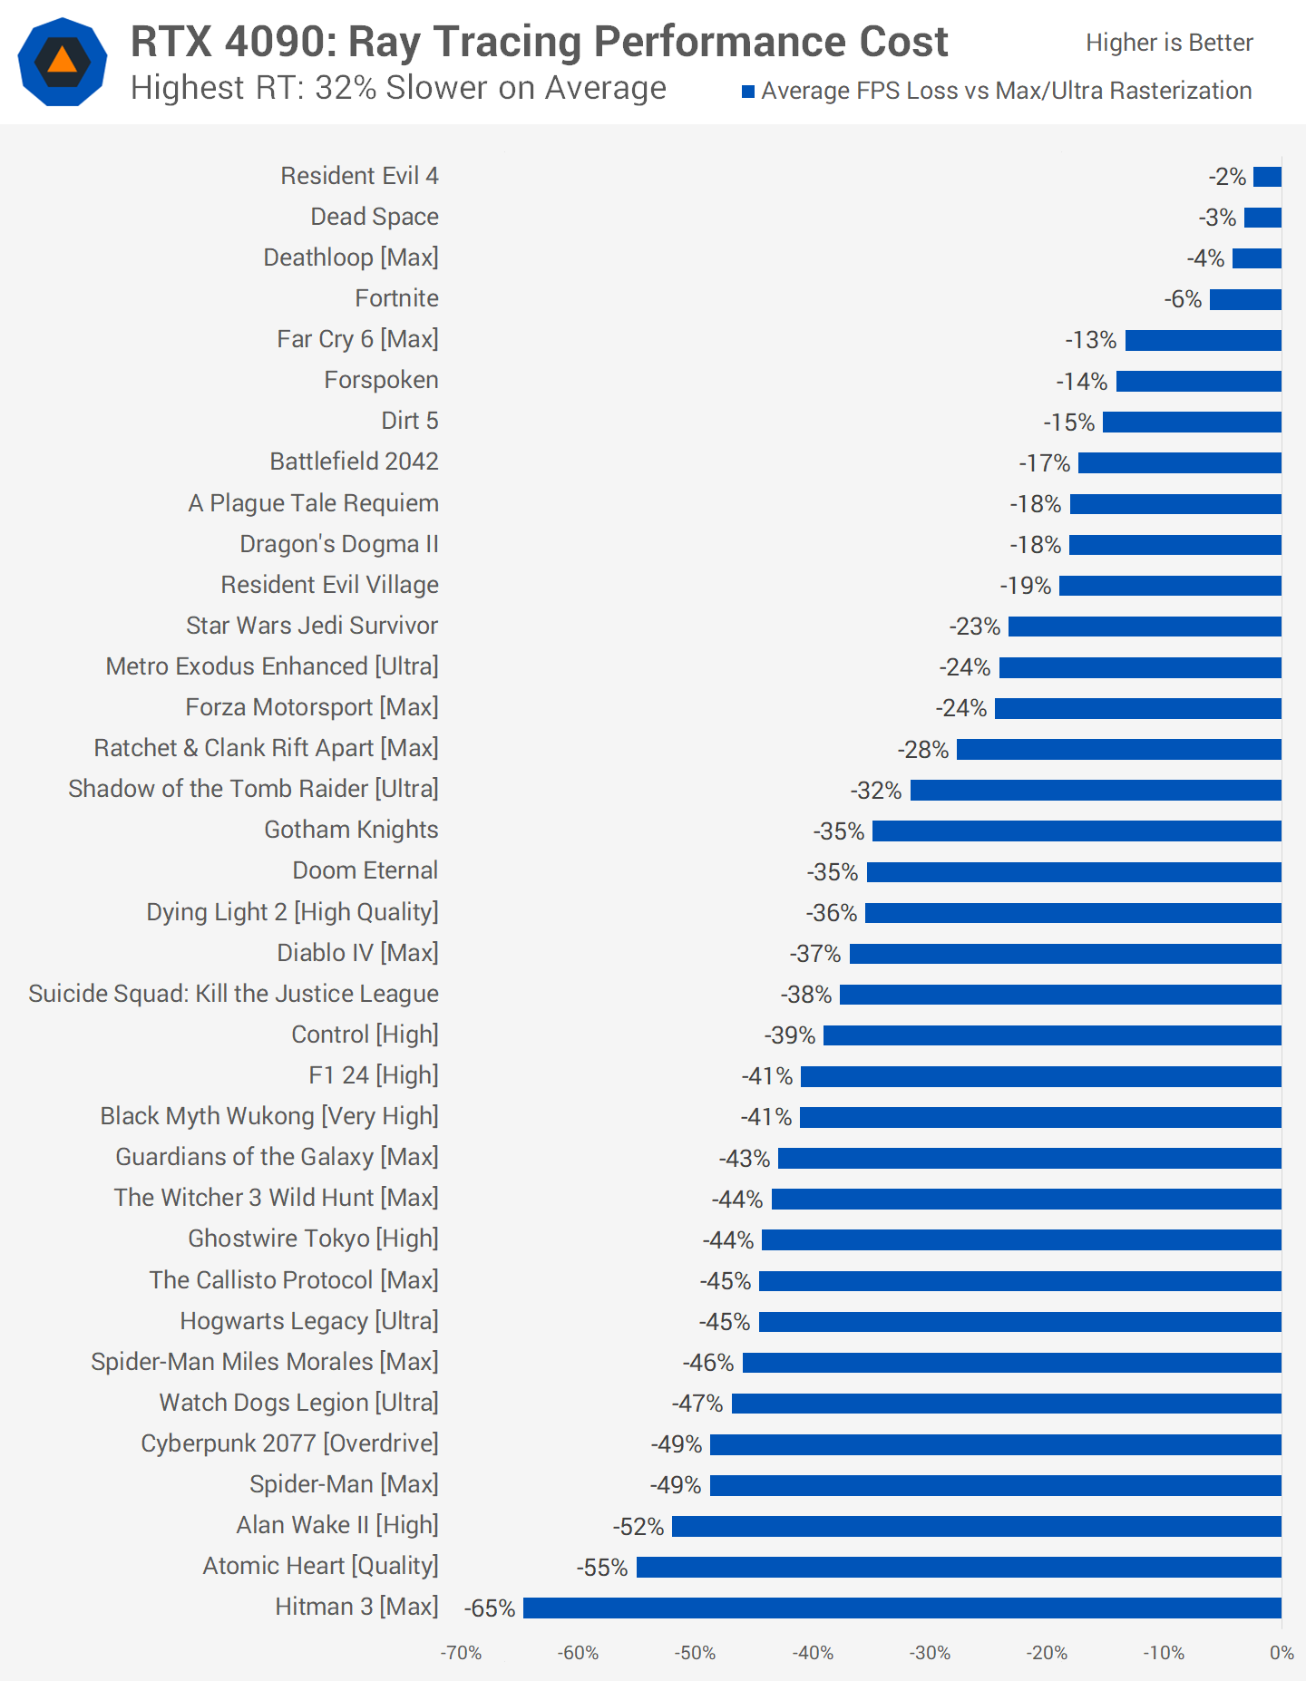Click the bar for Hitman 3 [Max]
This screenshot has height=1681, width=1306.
coord(902,1608)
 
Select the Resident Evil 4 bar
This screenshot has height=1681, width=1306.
coord(1267,177)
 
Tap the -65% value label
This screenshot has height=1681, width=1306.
coord(490,1608)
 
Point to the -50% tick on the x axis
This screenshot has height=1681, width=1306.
coord(695,1653)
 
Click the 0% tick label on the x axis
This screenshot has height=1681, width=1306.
coord(1281,1653)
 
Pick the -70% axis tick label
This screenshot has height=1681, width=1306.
coord(461,1653)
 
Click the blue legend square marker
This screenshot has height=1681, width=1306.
coord(748,92)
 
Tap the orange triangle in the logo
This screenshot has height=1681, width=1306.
coord(63,61)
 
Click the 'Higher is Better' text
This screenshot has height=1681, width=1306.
coord(1169,43)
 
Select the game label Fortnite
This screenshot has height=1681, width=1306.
coord(396,298)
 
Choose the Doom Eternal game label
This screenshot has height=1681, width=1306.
coord(365,870)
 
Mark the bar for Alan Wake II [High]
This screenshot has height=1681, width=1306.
coord(977,1527)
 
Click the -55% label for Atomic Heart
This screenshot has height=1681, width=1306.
coord(602,1568)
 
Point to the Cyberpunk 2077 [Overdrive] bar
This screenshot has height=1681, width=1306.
coord(996,1444)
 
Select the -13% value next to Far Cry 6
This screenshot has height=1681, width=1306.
coord(1090,340)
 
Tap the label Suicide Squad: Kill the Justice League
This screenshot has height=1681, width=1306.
coord(233,994)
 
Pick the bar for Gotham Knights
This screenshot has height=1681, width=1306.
coord(1077,831)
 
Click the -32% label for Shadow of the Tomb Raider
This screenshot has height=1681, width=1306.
coord(876,791)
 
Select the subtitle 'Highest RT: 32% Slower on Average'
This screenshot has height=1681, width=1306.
coord(398,88)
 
